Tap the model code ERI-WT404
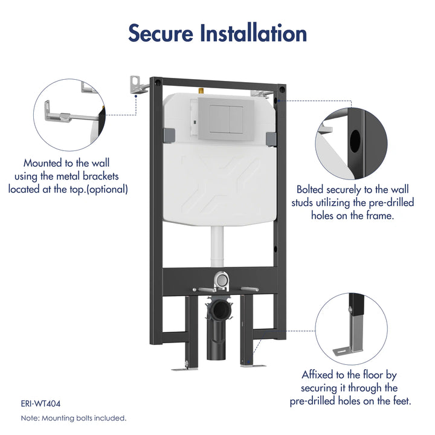click(x=40, y=403)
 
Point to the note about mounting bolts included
click(x=73, y=417)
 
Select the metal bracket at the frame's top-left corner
click(x=137, y=85)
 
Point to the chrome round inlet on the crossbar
click(x=222, y=279)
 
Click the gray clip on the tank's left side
click(x=170, y=137)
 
